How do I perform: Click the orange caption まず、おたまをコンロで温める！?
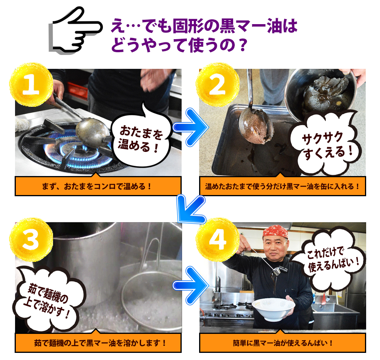pyautogui.click(x=98, y=186)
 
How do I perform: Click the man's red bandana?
pyautogui.click(x=275, y=231)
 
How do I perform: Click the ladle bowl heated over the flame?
pyautogui.click(x=89, y=130)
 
